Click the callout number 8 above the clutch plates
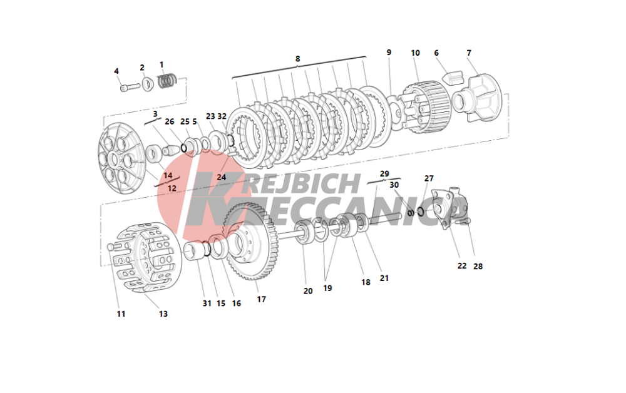point(297,59)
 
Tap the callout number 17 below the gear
point(261,299)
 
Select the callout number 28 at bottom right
point(478,266)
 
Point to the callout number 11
point(121,314)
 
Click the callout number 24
point(221,177)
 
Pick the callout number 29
point(384,174)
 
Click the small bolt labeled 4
point(130,86)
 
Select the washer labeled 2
point(148,84)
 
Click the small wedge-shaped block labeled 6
point(453,78)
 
